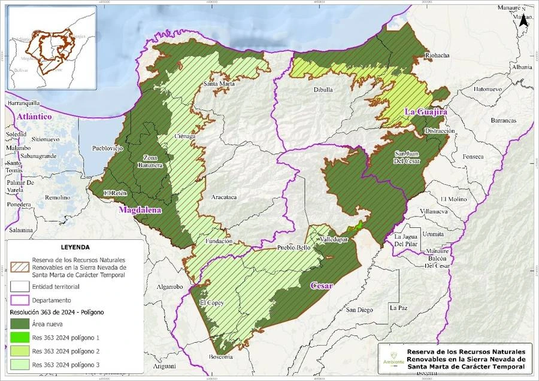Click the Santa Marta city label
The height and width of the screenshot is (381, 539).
219,84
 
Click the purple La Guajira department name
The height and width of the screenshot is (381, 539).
426,112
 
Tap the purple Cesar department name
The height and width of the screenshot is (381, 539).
322,286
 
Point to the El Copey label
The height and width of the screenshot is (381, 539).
211,303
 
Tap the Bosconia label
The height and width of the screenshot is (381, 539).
220,357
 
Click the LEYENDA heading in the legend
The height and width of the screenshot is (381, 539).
75,247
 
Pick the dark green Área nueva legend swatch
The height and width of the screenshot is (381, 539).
20,325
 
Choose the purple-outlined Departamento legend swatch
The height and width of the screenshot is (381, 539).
20,300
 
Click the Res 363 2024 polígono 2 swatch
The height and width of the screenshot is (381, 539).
20,351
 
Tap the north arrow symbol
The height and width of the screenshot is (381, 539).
523,20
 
